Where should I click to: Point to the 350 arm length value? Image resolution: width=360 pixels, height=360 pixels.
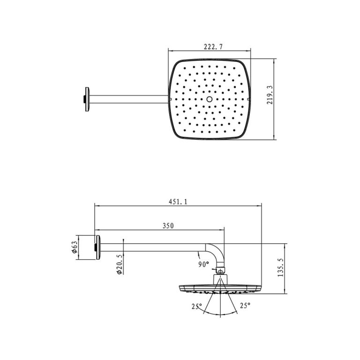click(168, 226)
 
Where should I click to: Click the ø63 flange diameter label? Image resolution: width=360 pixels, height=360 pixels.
click(74, 247)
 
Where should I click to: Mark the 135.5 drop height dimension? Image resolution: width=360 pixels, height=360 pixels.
click(280, 269)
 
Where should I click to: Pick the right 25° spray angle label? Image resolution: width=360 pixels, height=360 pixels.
click(245, 306)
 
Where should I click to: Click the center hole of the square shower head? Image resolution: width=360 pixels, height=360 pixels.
click(209, 99)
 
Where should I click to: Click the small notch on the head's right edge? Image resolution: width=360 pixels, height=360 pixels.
click(247, 99)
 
